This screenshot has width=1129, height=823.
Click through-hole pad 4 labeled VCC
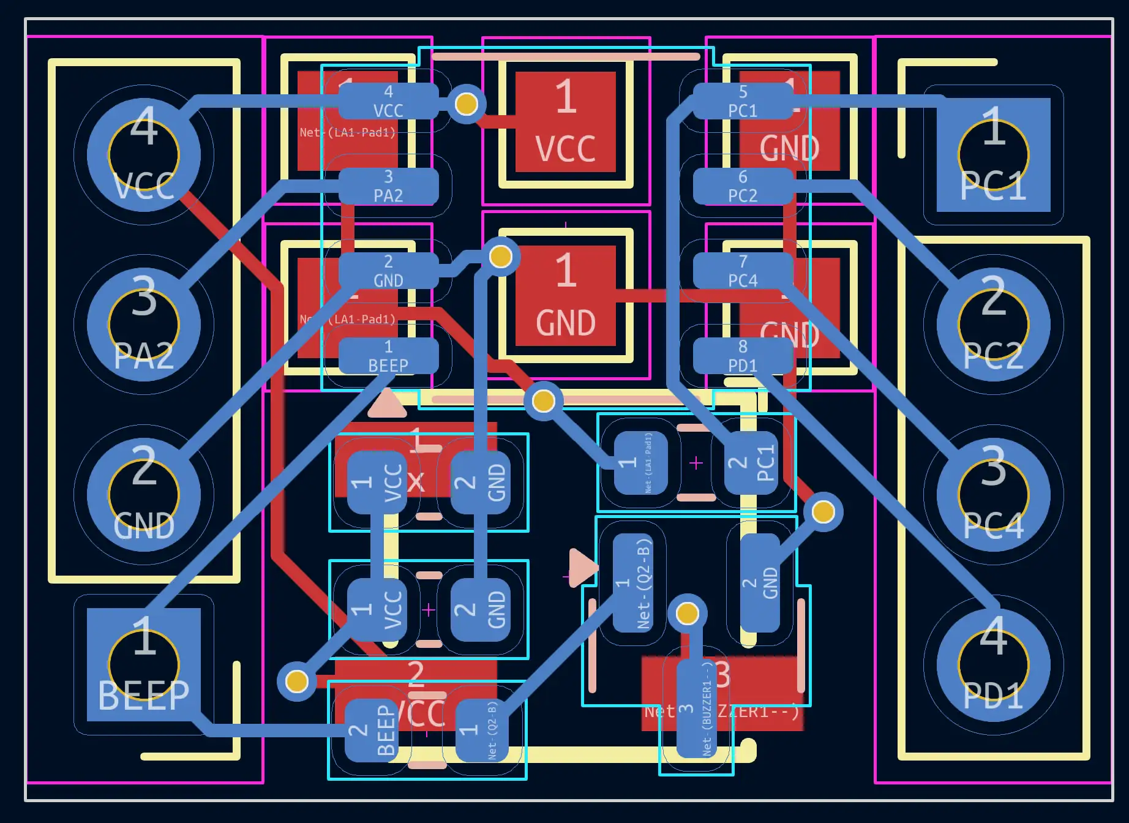pos(144,155)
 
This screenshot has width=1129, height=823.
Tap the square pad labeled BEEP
pos(144,664)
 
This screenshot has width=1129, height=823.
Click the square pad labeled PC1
pos(993,155)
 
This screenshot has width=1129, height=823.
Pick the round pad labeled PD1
pos(993,664)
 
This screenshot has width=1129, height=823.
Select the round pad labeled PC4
pos(993,495)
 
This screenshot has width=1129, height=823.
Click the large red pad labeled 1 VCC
pos(565,122)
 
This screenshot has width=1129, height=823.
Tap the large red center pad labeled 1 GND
pos(565,296)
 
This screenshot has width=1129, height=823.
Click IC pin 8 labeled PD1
pos(743,356)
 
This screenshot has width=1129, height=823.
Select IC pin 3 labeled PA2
pos(388,186)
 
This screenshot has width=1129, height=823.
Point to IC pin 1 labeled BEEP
pos(388,356)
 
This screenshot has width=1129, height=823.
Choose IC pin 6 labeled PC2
pos(743,186)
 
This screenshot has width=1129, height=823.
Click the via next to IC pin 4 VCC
pos(467,103)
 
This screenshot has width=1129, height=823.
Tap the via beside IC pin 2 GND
pos(500,257)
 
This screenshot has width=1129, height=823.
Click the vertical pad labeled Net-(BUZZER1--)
pos(697,708)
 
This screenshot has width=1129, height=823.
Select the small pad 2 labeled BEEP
pos(372,730)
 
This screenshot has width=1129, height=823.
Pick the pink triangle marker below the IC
pos(387,404)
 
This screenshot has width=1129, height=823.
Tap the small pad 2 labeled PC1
pos(751,462)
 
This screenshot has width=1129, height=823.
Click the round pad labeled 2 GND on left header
pos(144,495)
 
